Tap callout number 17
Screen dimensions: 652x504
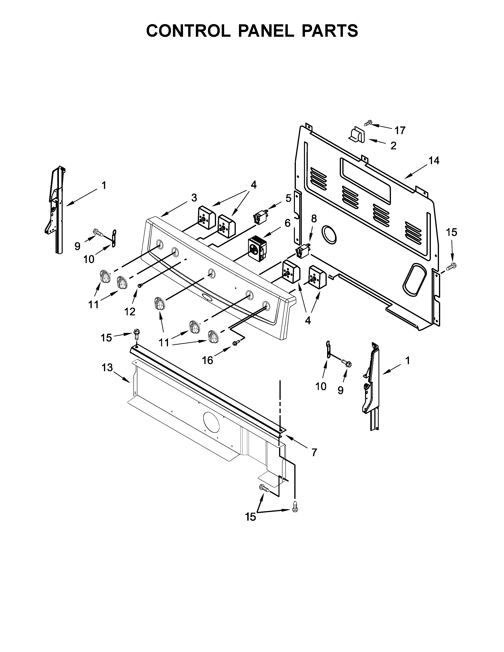pyautogui.click(x=400, y=130)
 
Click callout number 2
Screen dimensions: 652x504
pyautogui.click(x=394, y=146)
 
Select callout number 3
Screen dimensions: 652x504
pyautogui.click(x=194, y=197)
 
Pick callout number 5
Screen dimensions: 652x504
pyautogui.click(x=288, y=198)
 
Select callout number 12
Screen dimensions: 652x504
pyautogui.click(x=130, y=312)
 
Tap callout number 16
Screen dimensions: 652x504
pyautogui.click(x=208, y=361)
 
